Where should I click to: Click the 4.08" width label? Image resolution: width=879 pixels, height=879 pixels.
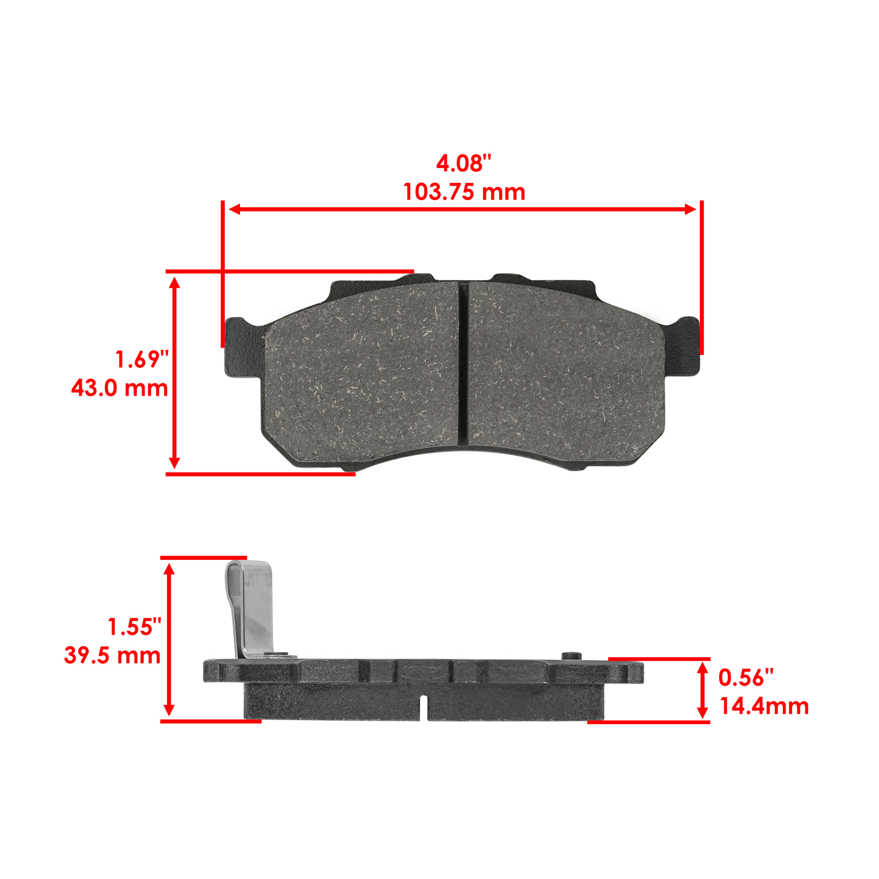point(464,163)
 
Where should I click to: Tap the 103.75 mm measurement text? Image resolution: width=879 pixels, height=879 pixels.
point(464,192)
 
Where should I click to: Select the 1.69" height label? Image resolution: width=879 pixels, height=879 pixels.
point(142,359)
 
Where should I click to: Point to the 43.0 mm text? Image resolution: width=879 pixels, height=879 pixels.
point(119,388)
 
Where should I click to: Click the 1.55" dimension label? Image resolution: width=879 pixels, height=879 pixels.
point(135,627)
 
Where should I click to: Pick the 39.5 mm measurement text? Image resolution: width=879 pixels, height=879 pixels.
point(112,655)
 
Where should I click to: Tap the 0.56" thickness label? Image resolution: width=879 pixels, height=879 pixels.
point(746,677)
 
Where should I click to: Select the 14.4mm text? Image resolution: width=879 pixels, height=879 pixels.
point(764,706)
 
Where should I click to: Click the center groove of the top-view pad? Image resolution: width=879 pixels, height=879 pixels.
point(463,363)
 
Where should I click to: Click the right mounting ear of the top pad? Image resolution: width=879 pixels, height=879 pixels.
point(683,346)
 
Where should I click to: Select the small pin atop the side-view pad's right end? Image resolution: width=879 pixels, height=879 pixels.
point(572,655)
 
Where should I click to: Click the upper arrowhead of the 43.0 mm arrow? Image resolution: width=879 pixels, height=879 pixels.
point(175,283)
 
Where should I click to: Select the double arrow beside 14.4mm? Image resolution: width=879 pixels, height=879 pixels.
point(702,690)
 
